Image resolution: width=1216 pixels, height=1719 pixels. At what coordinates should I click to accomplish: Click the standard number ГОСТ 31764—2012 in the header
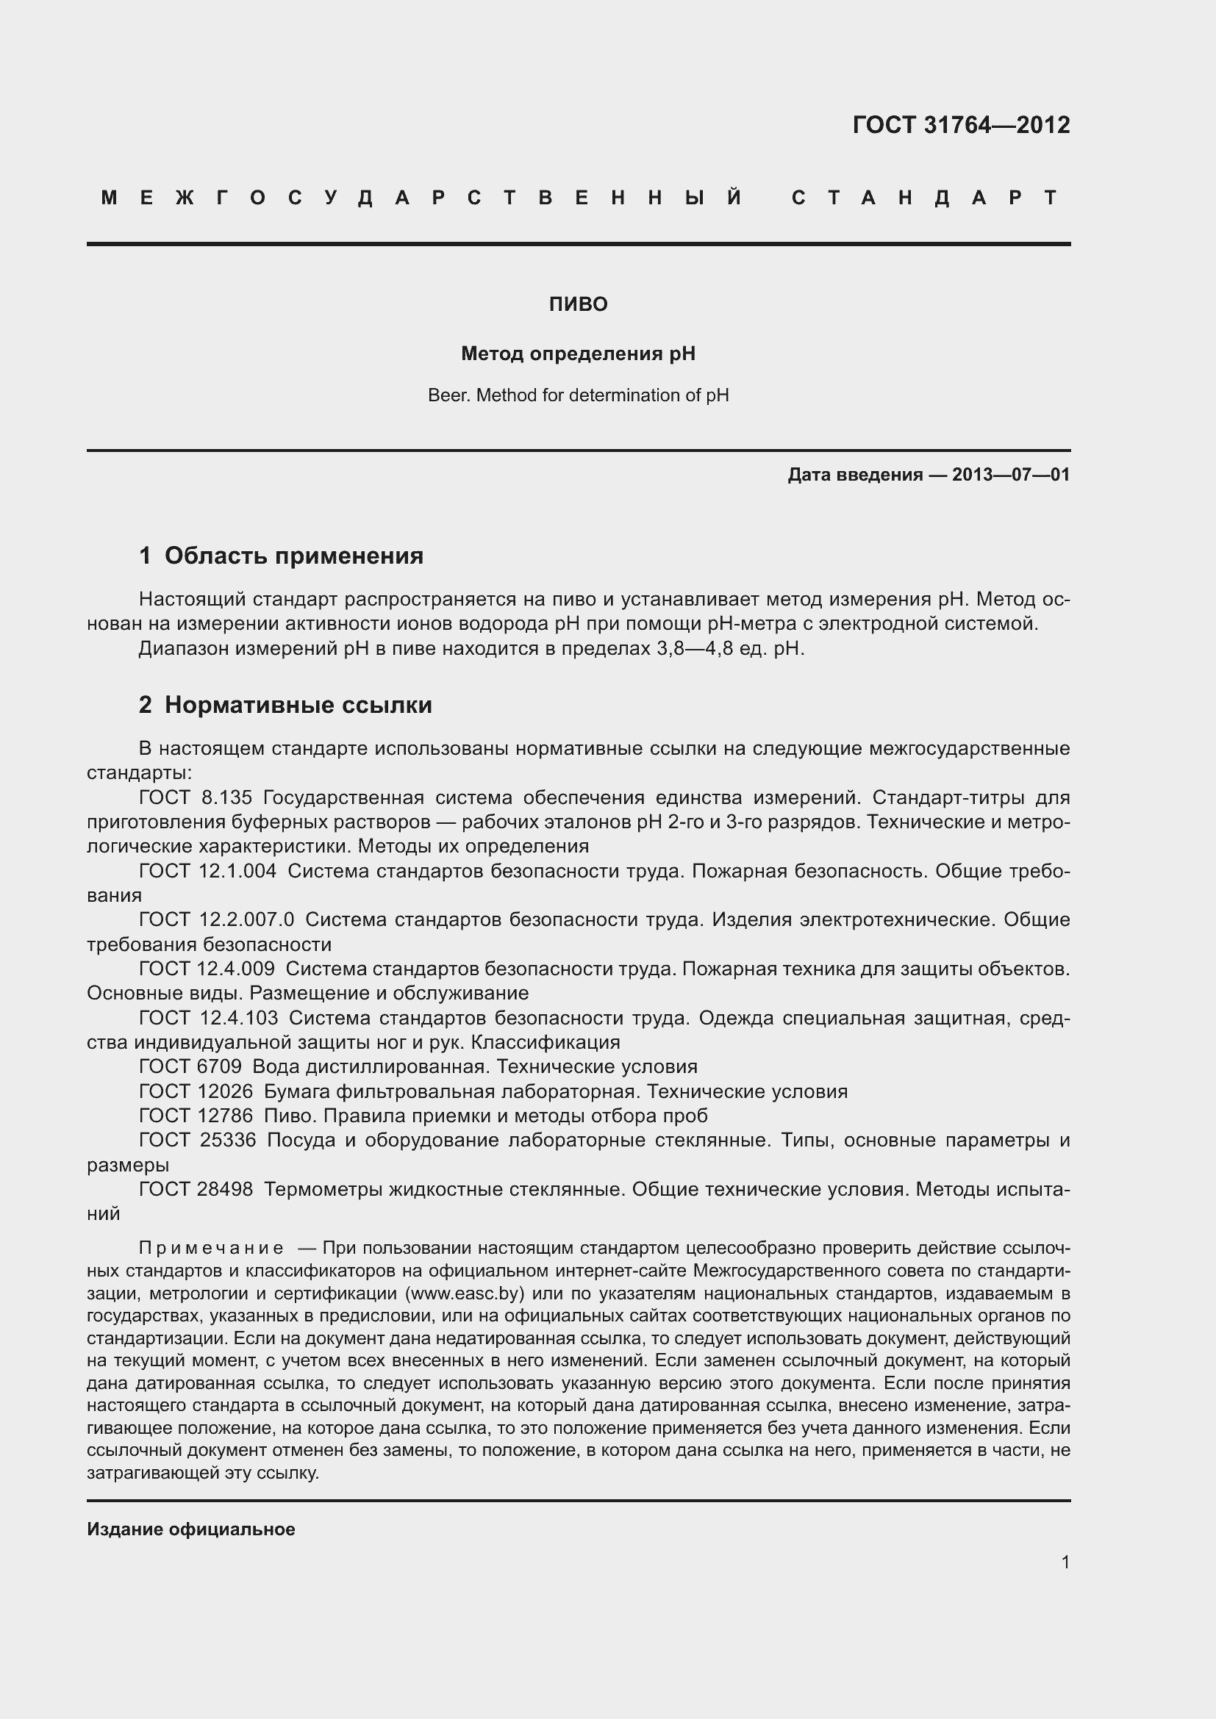961,125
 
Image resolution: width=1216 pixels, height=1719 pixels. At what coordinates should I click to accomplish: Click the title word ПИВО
578,304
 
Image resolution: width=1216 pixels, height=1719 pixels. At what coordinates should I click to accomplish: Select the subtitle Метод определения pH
578,354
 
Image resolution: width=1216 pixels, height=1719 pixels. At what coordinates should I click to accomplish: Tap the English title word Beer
448,395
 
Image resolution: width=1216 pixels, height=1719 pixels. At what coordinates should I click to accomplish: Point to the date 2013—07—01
1011,475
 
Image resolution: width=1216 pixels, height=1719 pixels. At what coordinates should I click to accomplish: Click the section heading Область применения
293,556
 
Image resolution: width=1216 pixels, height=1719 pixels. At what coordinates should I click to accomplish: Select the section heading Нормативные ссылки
298,705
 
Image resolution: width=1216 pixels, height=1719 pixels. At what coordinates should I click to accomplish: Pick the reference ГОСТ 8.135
196,797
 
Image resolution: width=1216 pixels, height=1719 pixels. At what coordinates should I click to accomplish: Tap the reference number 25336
229,1141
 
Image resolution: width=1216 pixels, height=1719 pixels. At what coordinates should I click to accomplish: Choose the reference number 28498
226,1189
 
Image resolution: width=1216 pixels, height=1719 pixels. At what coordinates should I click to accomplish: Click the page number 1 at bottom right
1065,1562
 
